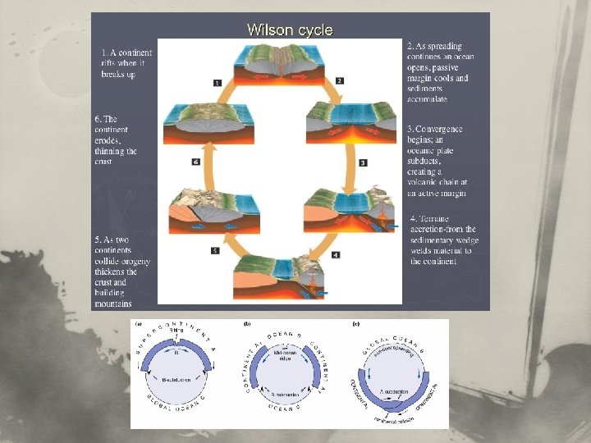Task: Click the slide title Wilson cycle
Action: coord(290,30)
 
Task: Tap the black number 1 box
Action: coord(217,82)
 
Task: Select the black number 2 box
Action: coord(339,80)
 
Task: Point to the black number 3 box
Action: coord(362,163)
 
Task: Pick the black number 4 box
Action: coord(336,256)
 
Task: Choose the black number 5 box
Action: coord(215,250)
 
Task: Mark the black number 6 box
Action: coord(195,162)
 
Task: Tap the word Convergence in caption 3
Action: coord(441,130)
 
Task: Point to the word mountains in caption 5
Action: coord(112,304)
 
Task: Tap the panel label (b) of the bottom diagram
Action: coord(247,323)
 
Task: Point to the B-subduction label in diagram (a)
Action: coord(176,381)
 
